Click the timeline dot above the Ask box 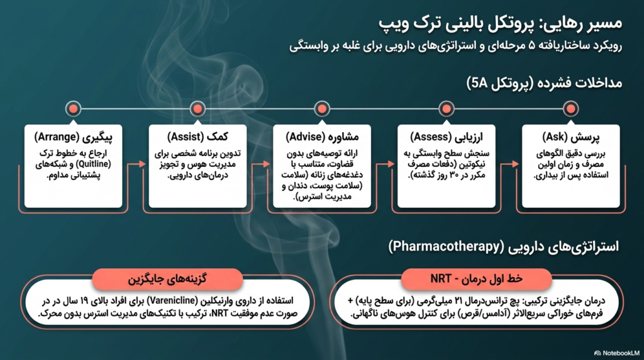570,109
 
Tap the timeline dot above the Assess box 446,109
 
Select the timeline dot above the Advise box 321,109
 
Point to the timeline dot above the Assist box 197,109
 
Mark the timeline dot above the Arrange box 73,109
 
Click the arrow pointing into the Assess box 386,187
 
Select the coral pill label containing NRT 476,279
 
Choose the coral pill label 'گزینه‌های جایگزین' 167,279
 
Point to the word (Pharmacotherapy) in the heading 447,247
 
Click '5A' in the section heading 479,84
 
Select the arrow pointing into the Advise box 260,187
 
